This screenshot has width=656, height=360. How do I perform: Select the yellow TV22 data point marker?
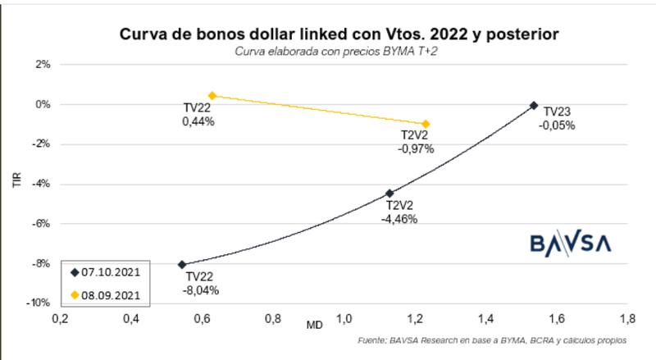coord(212,96)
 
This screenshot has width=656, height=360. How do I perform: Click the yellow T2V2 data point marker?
coord(426,124)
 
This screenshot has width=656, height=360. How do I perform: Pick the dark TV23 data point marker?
coord(534,105)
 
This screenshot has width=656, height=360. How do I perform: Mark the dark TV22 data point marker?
coord(182,265)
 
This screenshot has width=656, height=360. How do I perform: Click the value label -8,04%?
coord(202,289)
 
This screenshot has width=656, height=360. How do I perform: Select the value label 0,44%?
coord(198,121)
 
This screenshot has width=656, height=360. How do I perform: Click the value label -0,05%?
coord(557,125)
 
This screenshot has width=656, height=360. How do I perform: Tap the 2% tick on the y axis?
coord(43,65)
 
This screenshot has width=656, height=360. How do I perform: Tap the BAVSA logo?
coord(571,244)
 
